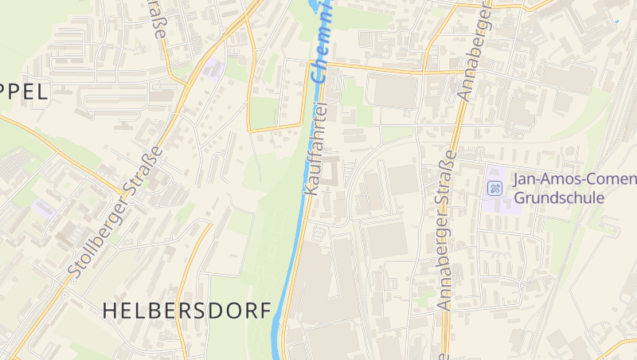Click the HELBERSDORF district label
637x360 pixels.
coord(187,311)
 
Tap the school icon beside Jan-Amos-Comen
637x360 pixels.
coord(494,188)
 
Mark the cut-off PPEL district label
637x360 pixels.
coord(24,92)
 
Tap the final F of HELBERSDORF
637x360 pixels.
coord(265,311)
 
